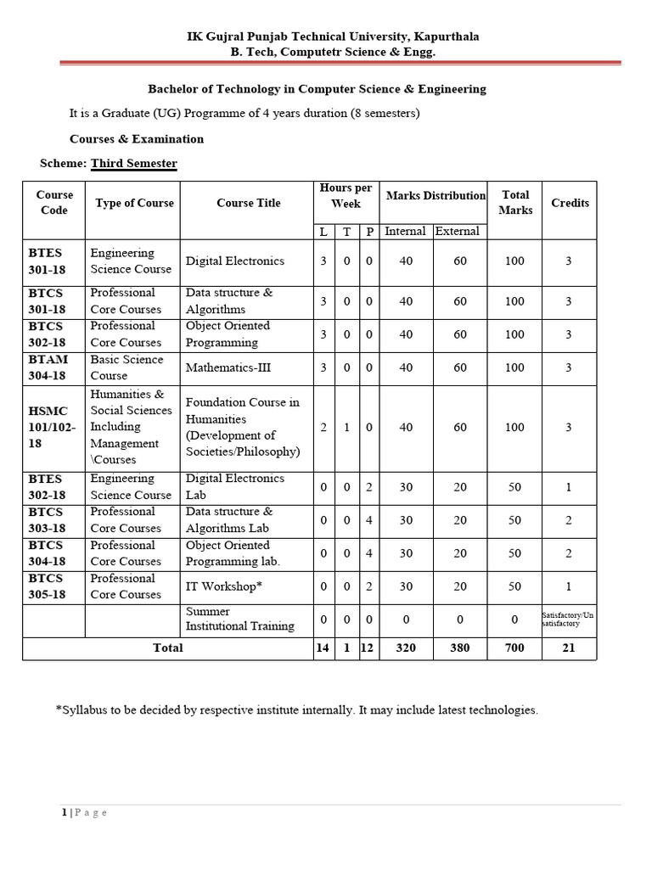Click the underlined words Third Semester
(134, 163)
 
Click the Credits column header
(570, 203)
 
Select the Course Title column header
(248, 203)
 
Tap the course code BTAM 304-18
(48, 367)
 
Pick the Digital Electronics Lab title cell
(235, 486)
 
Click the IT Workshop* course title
(224, 586)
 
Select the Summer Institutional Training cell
(240, 619)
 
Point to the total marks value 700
(514, 648)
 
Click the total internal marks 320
(406, 648)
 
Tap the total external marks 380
(460, 648)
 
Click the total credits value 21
(569, 648)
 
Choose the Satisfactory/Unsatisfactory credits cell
(569, 619)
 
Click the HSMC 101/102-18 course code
(52, 427)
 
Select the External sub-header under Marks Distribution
(458, 231)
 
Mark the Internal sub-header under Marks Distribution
(406, 231)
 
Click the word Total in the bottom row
(167, 648)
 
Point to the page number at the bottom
(65, 813)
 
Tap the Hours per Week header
(346, 195)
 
